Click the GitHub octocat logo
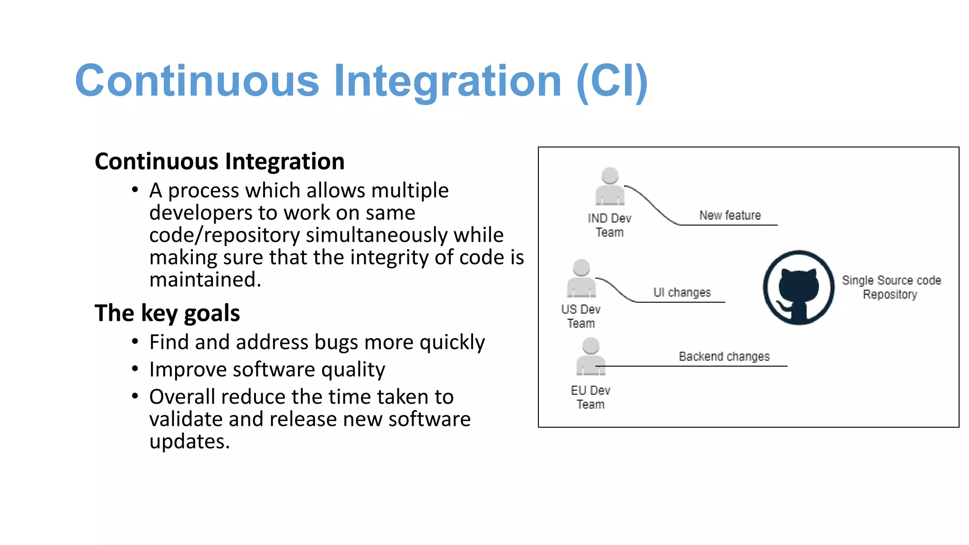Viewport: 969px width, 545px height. click(799, 287)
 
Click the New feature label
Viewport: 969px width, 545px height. click(730, 215)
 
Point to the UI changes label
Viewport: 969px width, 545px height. click(682, 292)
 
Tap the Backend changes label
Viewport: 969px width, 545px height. click(724, 356)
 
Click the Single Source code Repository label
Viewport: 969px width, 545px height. click(891, 287)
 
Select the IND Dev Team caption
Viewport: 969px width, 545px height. click(609, 225)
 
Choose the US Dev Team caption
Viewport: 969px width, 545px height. click(581, 316)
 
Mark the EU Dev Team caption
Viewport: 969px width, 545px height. click(590, 397)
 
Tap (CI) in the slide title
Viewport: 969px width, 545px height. click(612, 81)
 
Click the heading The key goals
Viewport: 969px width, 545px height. click(167, 313)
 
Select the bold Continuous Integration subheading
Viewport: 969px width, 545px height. click(220, 161)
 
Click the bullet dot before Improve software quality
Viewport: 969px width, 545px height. click(135, 369)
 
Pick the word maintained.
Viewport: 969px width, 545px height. click(205, 280)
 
